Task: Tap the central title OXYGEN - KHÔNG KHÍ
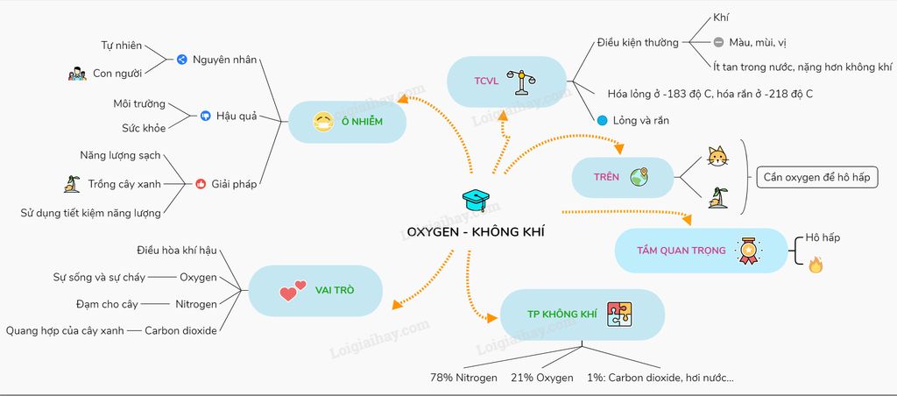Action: tap(469, 232)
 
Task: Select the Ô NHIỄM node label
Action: tap(363, 121)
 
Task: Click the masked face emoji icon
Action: tap(323, 122)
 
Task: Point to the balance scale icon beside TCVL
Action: tap(526, 81)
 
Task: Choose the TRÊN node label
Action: tap(606, 177)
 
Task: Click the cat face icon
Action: tap(718, 158)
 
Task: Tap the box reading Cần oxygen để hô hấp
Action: tap(816, 178)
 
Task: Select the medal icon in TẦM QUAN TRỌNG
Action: tap(748, 250)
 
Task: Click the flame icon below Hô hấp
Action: tap(816, 264)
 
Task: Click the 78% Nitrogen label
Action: tap(463, 378)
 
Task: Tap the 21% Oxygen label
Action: tap(542, 378)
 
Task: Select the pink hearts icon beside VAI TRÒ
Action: tap(293, 290)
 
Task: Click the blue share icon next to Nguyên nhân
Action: tap(181, 60)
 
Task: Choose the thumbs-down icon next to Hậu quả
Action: tap(205, 115)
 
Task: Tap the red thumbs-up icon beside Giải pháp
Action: tap(201, 184)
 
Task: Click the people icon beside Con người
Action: tap(77, 74)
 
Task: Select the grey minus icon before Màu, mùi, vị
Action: tap(718, 41)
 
